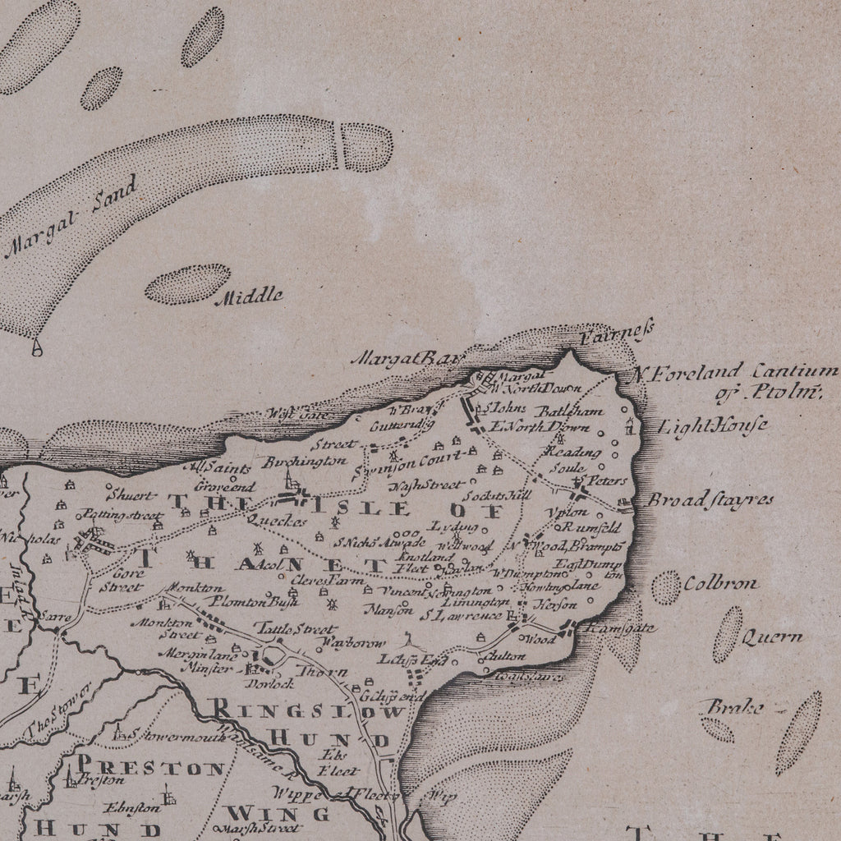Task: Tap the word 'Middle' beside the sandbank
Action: (249, 296)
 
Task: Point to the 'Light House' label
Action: (714, 426)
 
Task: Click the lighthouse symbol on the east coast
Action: (631, 425)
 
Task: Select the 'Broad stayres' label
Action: (711, 500)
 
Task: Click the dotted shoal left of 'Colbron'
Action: (666, 587)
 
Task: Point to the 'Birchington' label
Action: (304, 462)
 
